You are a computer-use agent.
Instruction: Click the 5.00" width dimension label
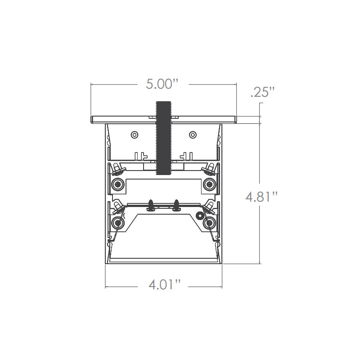pos(162,84)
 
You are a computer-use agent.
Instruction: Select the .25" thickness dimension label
pos(262,92)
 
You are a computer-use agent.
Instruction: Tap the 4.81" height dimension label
pos(261,197)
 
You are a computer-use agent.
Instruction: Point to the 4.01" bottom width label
pos(164,285)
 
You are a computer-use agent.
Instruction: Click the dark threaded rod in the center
pos(163,138)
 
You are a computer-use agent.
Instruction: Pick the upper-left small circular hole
pos(135,135)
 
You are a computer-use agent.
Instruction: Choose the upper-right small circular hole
pos(193,135)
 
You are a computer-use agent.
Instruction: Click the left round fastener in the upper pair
pos(118,184)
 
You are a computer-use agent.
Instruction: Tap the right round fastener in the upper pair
pos(209,184)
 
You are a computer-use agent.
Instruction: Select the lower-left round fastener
pos(118,223)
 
